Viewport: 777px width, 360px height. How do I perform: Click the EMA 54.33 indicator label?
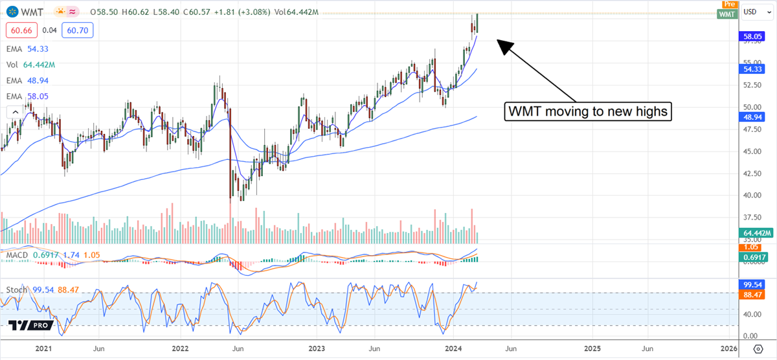[28, 49]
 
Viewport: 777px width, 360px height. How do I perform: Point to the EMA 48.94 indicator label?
[28, 80]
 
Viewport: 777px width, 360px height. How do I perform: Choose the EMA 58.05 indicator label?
[28, 96]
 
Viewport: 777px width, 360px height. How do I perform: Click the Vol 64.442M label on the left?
[30, 65]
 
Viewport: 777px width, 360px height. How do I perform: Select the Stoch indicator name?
[16, 289]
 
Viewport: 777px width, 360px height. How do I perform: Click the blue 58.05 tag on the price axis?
[752, 38]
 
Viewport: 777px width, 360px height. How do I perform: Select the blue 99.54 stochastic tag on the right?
[752, 284]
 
